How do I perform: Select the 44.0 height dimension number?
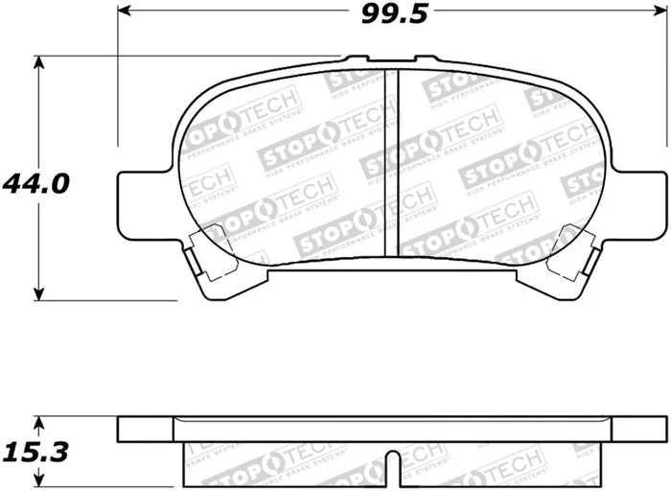point(35,182)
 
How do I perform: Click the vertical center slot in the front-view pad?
point(390,163)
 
